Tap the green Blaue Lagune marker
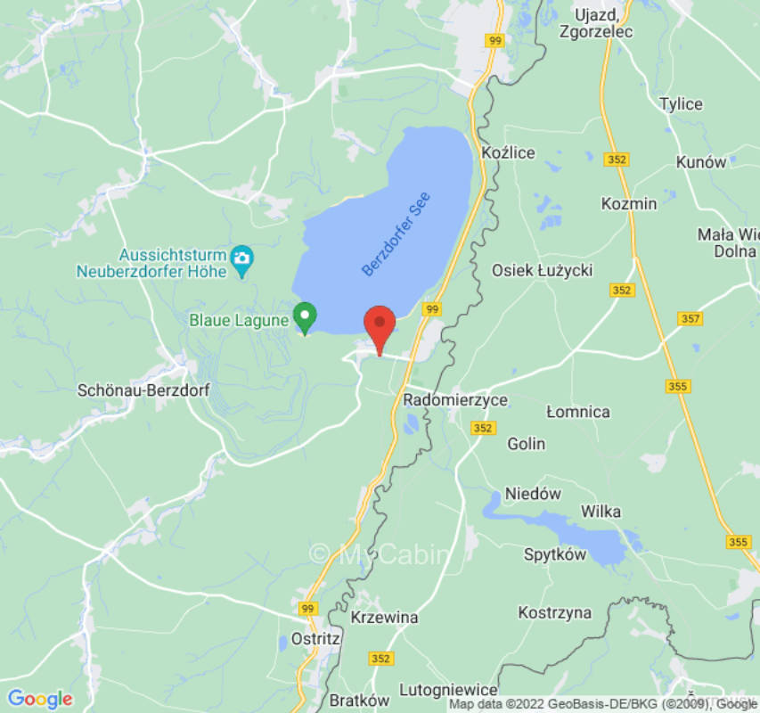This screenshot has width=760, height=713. coord(306,317)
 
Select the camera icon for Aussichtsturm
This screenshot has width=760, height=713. coord(241,259)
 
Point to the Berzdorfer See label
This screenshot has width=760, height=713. coord(396,234)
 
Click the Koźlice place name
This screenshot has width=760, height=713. coord(507,152)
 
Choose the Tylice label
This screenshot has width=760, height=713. coord(681,104)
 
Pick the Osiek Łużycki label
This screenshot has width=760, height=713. coord(542,269)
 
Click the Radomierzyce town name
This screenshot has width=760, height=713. coord(455,400)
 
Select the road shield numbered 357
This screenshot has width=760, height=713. coord(690,318)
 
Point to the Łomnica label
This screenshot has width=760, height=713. coord(578,412)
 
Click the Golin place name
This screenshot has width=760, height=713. coord(526,443)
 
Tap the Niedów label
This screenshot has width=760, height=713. coord(533,494)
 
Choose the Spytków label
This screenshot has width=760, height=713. coord(555,554)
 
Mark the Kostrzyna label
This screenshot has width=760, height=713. coord(555,612)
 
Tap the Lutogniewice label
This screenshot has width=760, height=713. coord(448,690)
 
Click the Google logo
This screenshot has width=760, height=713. coord(39,698)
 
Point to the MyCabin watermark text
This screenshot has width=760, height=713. coord(380,554)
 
